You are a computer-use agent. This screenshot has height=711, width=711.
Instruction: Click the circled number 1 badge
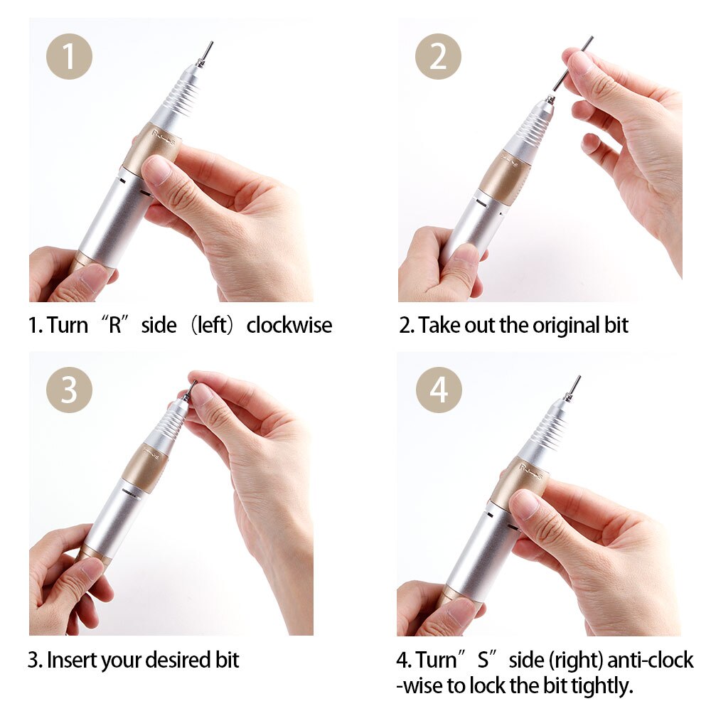[x=69, y=56]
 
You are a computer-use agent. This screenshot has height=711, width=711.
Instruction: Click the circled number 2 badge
[x=438, y=56]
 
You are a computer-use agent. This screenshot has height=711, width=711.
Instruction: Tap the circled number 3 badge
[x=69, y=390]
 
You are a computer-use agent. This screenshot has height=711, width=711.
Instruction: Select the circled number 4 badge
[x=439, y=390]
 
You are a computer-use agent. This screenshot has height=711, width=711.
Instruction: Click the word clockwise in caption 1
[x=289, y=326]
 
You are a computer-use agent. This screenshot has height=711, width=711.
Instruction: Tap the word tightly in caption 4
[x=597, y=686]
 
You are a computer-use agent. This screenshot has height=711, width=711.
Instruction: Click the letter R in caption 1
[x=114, y=326]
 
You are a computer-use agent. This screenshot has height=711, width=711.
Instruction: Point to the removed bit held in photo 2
[x=572, y=64]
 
